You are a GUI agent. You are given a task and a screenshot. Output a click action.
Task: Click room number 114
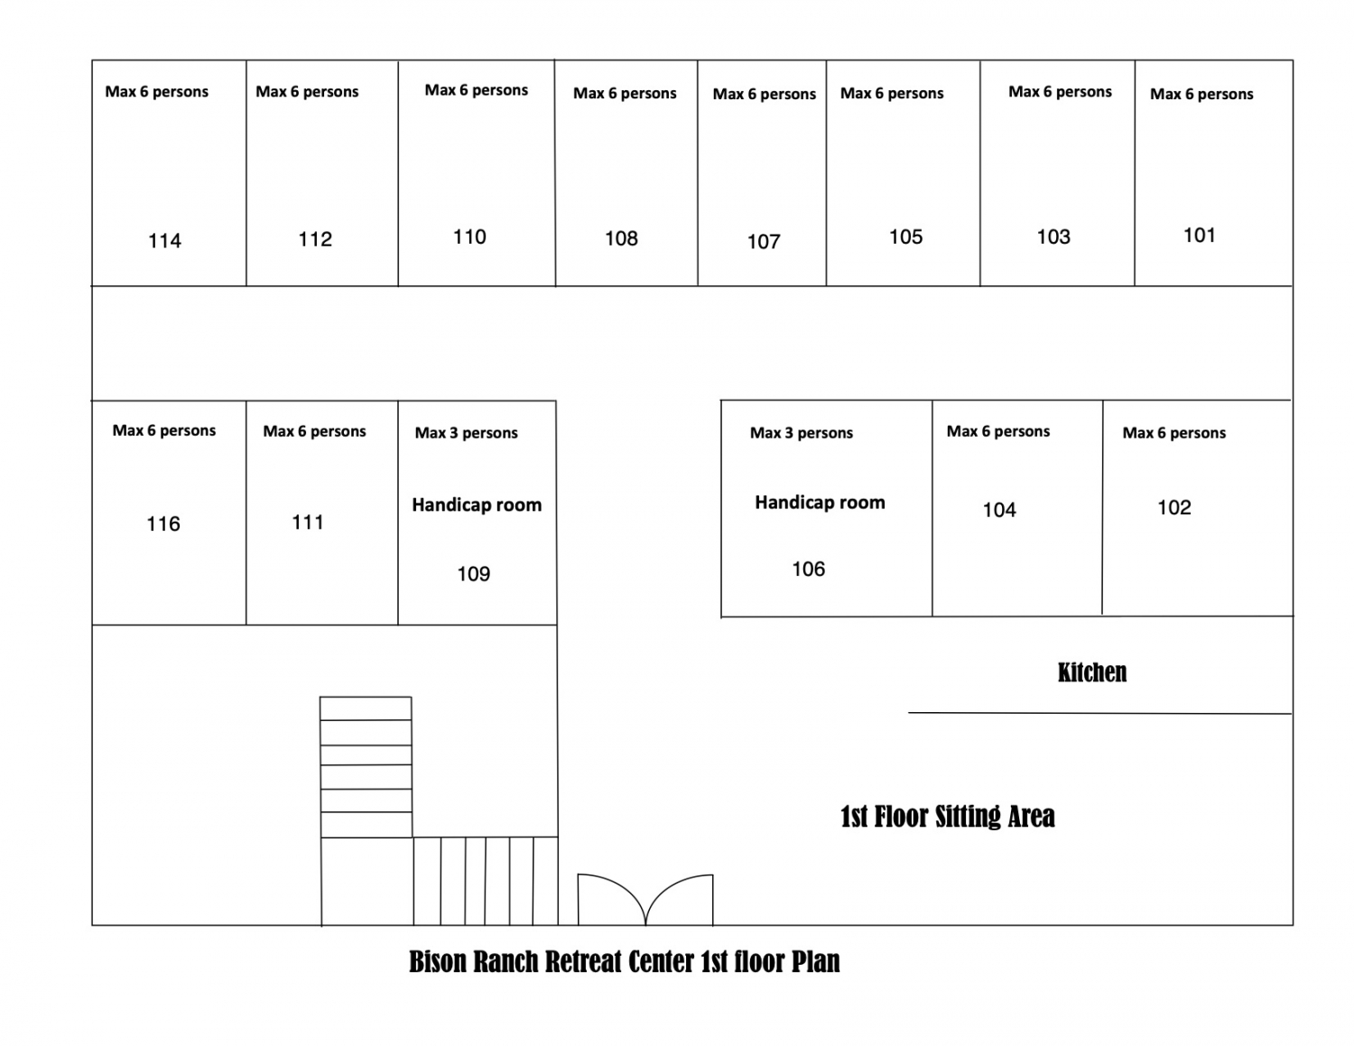164,241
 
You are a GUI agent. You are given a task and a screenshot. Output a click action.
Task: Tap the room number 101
1199,236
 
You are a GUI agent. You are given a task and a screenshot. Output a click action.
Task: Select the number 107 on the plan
764,242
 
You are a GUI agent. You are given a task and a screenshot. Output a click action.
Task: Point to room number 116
163,524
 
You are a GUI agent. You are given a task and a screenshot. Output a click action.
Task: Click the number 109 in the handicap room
474,574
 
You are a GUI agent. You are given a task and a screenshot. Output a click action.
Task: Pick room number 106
808,569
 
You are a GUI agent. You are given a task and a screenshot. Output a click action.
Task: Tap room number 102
1174,508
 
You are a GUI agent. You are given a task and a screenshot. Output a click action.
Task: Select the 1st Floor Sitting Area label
947,817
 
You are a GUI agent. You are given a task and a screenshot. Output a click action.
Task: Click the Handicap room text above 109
477,504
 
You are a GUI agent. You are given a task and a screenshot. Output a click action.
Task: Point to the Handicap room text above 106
820,502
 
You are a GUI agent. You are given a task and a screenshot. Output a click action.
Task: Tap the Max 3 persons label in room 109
466,433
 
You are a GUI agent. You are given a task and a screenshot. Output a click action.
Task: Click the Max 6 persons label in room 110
476,90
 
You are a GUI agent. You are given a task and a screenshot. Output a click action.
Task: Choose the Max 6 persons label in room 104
998,431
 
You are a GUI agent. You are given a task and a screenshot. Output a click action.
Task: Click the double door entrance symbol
645,900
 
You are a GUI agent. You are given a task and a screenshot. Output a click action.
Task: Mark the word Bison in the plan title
438,962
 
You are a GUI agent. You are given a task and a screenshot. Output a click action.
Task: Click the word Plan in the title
816,962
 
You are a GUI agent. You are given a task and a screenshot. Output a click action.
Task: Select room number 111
308,522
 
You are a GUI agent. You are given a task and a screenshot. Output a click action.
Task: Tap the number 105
905,236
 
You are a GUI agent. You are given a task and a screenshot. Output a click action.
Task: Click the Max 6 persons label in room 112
307,91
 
